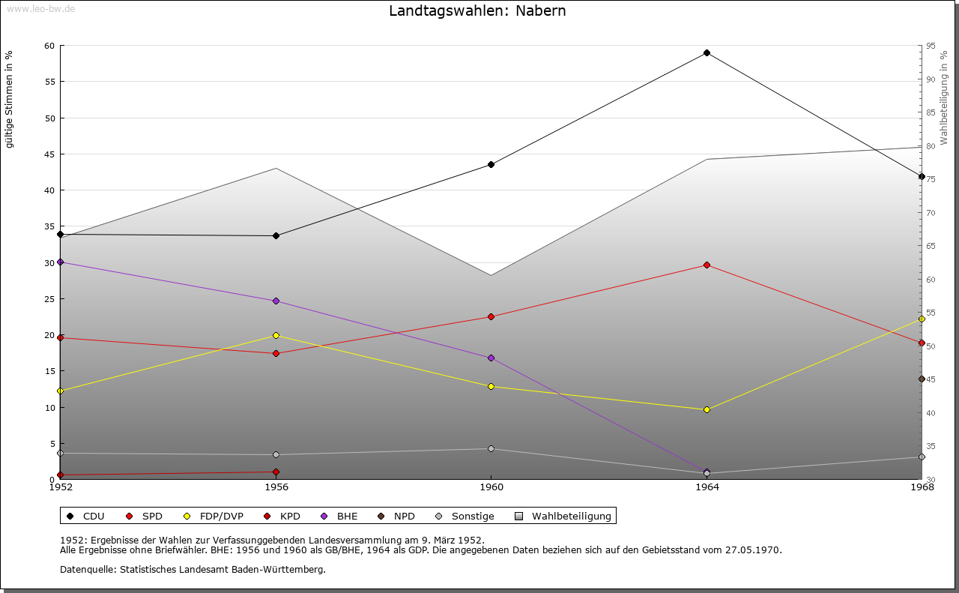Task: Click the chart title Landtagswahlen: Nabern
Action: click(477, 11)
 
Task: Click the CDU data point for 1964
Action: click(707, 53)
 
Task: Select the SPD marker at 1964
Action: click(707, 265)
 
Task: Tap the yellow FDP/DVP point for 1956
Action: click(276, 335)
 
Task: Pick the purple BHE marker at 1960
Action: click(491, 358)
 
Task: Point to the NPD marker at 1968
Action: click(922, 379)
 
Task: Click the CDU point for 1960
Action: click(491, 164)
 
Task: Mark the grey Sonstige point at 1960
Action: click(491, 449)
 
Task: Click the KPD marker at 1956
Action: click(276, 472)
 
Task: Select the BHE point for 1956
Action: click(276, 301)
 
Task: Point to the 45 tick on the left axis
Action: click(49, 154)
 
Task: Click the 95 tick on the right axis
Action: click(930, 46)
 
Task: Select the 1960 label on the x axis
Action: click(491, 487)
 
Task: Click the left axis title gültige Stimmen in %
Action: click(10, 99)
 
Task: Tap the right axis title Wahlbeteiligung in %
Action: click(944, 97)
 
